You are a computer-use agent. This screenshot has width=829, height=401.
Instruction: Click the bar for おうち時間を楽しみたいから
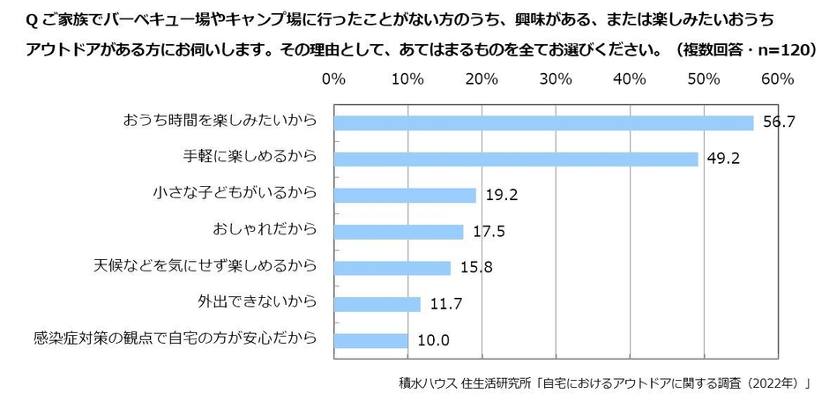(543, 123)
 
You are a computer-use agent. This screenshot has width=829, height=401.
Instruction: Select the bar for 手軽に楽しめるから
(516, 160)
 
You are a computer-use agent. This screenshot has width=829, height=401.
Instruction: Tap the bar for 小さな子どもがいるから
(405, 196)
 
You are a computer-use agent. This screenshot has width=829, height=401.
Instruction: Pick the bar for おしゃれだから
(399, 232)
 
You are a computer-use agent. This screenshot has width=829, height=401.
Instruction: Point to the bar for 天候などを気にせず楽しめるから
(392, 268)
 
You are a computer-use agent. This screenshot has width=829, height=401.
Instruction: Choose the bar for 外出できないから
(377, 304)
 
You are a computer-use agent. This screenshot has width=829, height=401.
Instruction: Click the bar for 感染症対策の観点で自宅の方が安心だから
(370, 340)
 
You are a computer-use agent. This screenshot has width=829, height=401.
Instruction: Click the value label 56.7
(779, 123)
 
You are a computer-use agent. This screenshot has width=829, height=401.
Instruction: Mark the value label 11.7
(446, 304)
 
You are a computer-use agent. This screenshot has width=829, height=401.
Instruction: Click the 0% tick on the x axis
(333, 79)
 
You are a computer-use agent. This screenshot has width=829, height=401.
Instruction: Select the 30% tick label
(556, 79)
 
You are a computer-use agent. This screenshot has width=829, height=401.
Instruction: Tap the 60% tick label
(777, 79)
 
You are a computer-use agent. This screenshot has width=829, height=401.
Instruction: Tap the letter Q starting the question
(15, 19)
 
